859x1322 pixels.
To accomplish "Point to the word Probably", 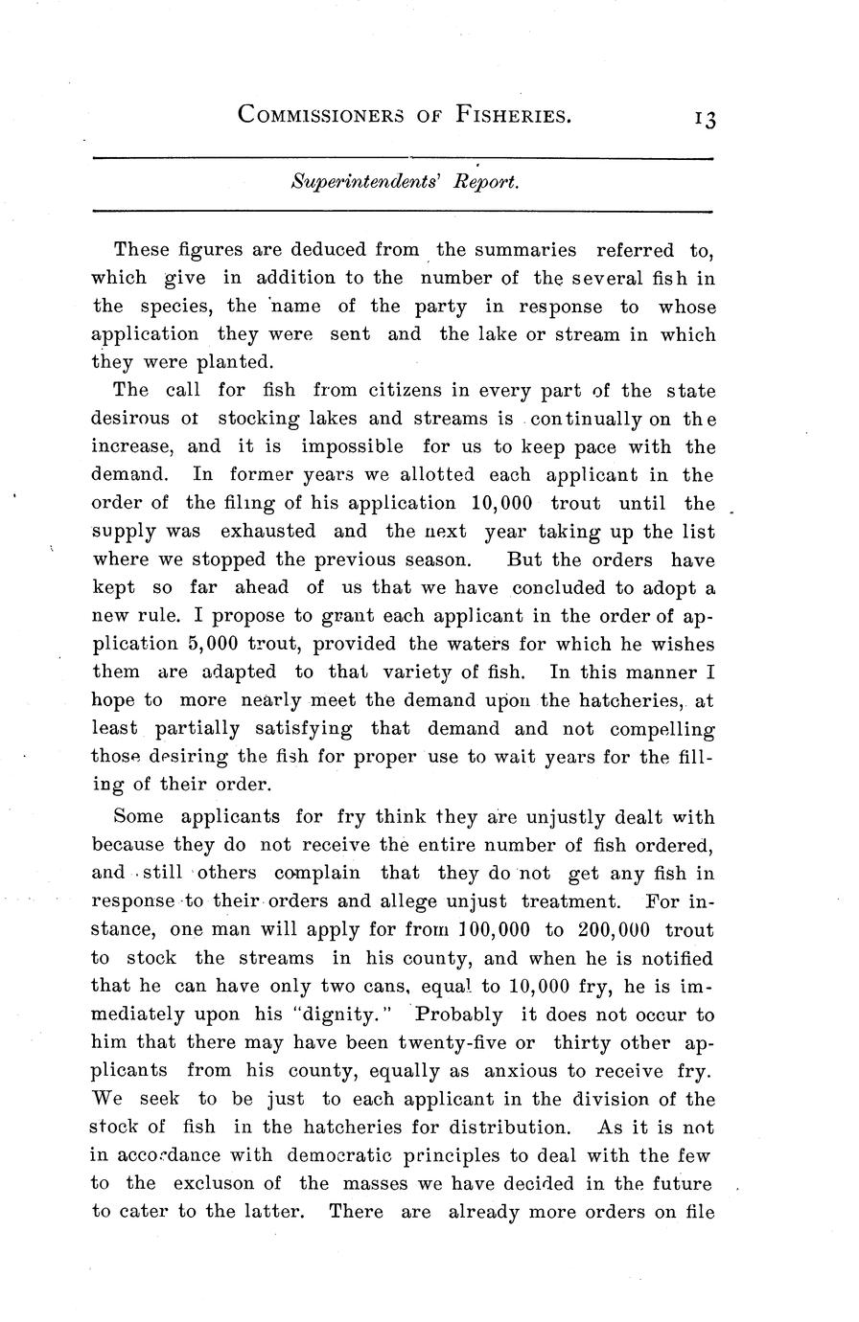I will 457,1014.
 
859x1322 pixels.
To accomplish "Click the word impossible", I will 352,447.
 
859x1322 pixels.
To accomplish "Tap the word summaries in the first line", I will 523,251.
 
